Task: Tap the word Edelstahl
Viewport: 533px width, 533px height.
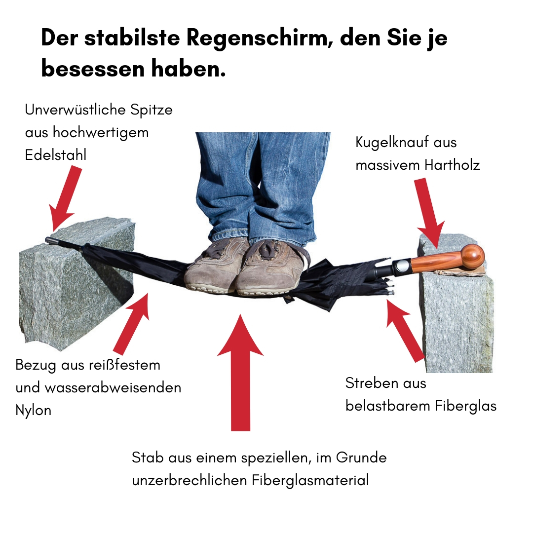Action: (56, 155)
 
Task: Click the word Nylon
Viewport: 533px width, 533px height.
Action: (34, 411)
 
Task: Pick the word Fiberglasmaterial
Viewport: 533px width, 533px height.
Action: (310, 481)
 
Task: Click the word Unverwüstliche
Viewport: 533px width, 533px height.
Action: (75, 110)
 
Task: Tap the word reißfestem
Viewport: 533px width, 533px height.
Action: (124, 365)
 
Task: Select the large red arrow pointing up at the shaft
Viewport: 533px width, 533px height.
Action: (240, 372)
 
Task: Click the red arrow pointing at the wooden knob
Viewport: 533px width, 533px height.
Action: (429, 213)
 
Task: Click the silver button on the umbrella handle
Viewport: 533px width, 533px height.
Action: (401, 265)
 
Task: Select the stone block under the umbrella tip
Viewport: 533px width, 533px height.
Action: (77, 284)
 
